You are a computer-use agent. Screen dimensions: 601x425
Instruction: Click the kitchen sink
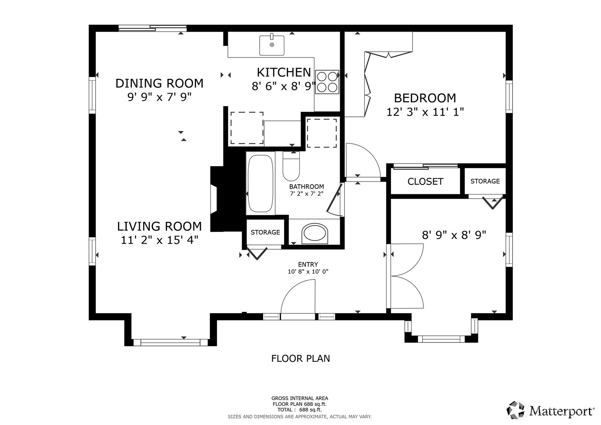(x=272, y=45)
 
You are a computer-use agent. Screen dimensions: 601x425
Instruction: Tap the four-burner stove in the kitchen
(x=327, y=82)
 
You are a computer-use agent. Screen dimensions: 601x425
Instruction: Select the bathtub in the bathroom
(x=260, y=183)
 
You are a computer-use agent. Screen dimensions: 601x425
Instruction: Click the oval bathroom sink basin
(x=315, y=234)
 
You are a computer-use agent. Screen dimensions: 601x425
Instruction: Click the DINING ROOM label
(x=159, y=84)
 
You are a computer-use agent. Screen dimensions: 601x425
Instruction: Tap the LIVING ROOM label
(x=159, y=226)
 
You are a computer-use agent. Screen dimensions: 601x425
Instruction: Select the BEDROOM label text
(x=425, y=98)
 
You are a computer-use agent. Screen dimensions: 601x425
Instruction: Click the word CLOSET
(x=425, y=182)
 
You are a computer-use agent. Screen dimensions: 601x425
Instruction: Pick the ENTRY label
(x=308, y=264)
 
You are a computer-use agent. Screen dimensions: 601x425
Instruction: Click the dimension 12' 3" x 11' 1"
(x=425, y=112)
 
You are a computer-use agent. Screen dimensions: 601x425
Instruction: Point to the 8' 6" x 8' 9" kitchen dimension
(x=283, y=87)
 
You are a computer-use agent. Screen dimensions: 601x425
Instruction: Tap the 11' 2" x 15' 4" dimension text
(x=159, y=240)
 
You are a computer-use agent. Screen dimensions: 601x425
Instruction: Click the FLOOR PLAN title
(x=301, y=359)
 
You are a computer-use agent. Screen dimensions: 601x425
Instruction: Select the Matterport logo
(x=550, y=411)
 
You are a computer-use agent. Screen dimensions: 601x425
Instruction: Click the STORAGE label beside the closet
(x=485, y=181)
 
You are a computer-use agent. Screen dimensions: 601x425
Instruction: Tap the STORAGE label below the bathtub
(x=265, y=232)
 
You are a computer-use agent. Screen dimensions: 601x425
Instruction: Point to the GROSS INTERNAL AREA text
(x=300, y=398)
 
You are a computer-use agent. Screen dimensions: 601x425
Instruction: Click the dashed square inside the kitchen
(x=247, y=128)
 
